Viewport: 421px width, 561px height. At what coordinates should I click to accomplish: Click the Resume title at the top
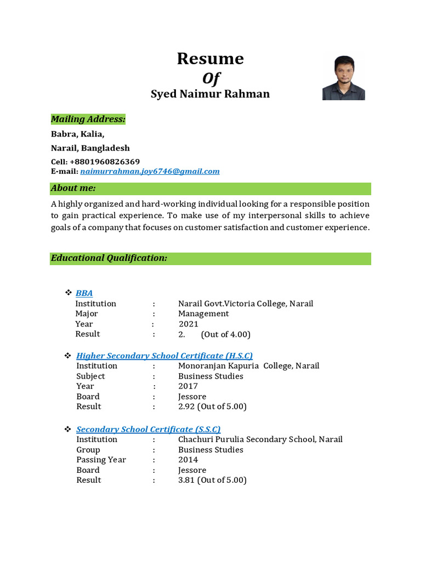210,59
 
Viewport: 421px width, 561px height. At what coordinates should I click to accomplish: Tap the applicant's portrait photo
343,77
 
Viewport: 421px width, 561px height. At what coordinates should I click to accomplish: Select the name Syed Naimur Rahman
210,94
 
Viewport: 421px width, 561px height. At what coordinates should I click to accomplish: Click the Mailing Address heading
88,119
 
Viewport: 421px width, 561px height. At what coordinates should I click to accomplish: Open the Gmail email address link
150,171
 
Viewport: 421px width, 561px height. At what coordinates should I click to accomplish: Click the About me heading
73,188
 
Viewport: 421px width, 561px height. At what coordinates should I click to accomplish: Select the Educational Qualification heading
109,257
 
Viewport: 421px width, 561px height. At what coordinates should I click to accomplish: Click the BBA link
84,293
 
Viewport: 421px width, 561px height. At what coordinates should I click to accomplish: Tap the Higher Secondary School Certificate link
164,356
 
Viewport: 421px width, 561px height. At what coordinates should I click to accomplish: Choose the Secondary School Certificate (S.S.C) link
149,429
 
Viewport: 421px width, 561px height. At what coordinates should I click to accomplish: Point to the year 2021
189,324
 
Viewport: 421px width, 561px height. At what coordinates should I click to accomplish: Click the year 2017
188,386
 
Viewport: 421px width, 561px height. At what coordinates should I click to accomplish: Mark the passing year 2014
188,460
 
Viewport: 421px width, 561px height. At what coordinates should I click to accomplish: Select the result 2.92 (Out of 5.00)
212,407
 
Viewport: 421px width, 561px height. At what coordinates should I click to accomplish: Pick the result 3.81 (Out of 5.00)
212,480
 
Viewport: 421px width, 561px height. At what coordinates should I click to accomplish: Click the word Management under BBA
203,313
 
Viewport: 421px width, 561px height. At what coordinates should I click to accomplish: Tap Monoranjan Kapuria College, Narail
248,365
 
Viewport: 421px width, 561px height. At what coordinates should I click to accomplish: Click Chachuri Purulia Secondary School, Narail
260,439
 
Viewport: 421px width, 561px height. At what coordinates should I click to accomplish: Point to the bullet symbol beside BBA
69,293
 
